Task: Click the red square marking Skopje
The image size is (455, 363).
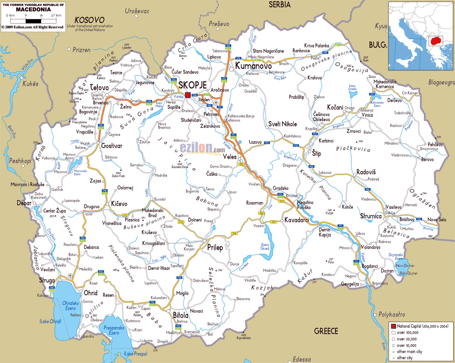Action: pyautogui.click(x=188, y=95)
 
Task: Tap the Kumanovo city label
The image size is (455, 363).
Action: pyautogui.click(x=253, y=66)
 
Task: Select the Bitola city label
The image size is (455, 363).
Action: pyautogui.click(x=180, y=315)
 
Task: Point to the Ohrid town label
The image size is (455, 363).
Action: pyautogui.click(x=91, y=293)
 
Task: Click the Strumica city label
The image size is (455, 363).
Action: pyautogui.click(x=371, y=216)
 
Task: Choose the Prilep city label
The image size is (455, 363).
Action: pyautogui.click(x=215, y=247)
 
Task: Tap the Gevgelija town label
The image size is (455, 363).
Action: pyautogui.click(x=350, y=284)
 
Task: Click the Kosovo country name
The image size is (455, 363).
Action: pyautogui.click(x=90, y=20)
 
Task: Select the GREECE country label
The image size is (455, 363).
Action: pyautogui.click(x=326, y=331)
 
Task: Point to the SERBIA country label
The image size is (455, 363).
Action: pyautogui.click(x=279, y=5)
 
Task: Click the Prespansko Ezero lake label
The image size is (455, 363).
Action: pyautogui.click(x=114, y=330)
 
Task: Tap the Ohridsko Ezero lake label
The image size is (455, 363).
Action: pyautogui.click(x=71, y=306)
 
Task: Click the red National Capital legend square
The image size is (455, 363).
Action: pyautogui.click(x=393, y=326)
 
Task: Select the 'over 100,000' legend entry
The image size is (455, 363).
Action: pyautogui.click(x=407, y=333)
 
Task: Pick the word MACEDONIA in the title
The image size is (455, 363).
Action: pyautogui.click(x=33, y=9)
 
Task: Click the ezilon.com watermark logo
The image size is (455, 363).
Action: pyautogui.click(x=202, y=148)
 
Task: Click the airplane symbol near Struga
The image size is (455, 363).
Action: pyautogui.click(x=70, y=276)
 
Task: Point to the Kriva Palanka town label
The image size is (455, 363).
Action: pyautogui.click(x=316, y=46)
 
